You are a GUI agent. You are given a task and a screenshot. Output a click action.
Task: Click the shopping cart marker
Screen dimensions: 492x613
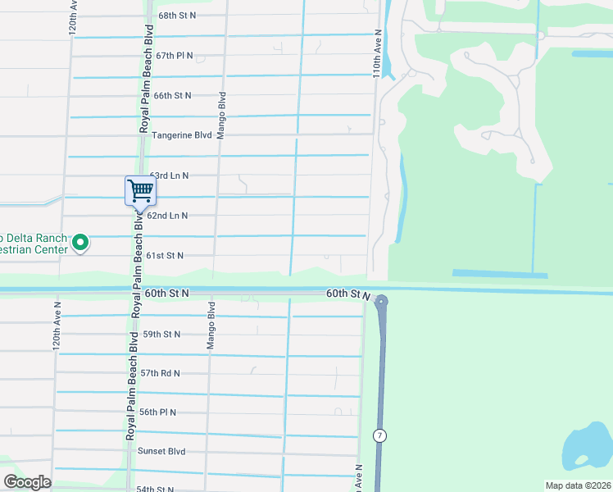click(140, 191)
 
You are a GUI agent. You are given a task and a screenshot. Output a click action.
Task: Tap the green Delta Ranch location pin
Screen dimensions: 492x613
click(80, 242)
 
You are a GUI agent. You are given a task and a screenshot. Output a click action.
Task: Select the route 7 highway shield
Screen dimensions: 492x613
click(379, 435)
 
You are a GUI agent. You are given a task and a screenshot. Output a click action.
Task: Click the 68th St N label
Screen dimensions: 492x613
click(179, 16)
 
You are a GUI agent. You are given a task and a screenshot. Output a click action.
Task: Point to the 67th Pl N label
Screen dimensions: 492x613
click(174, 56)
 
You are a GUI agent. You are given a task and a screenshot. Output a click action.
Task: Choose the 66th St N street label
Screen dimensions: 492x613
click(172, 95)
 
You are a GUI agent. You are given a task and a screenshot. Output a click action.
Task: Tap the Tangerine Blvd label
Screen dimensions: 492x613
click(182, 135)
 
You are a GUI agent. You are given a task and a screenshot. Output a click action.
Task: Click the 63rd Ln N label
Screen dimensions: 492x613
click(170, 175)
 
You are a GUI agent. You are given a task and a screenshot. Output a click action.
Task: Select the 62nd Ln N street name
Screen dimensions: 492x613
click(167, 216)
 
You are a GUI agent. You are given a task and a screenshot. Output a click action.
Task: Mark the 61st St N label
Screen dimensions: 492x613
click(164, 256)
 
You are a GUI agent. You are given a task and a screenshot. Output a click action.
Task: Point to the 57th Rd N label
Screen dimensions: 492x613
click(160, 373)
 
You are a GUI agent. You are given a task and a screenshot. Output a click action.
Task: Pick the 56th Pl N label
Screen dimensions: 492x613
click(158, 412)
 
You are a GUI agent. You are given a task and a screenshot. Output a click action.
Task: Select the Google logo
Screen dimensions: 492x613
click(27, 482)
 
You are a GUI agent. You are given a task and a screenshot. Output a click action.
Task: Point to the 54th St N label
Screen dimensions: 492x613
click(156, 489)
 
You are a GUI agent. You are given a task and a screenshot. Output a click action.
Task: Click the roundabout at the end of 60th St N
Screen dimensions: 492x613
click(381, 302)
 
